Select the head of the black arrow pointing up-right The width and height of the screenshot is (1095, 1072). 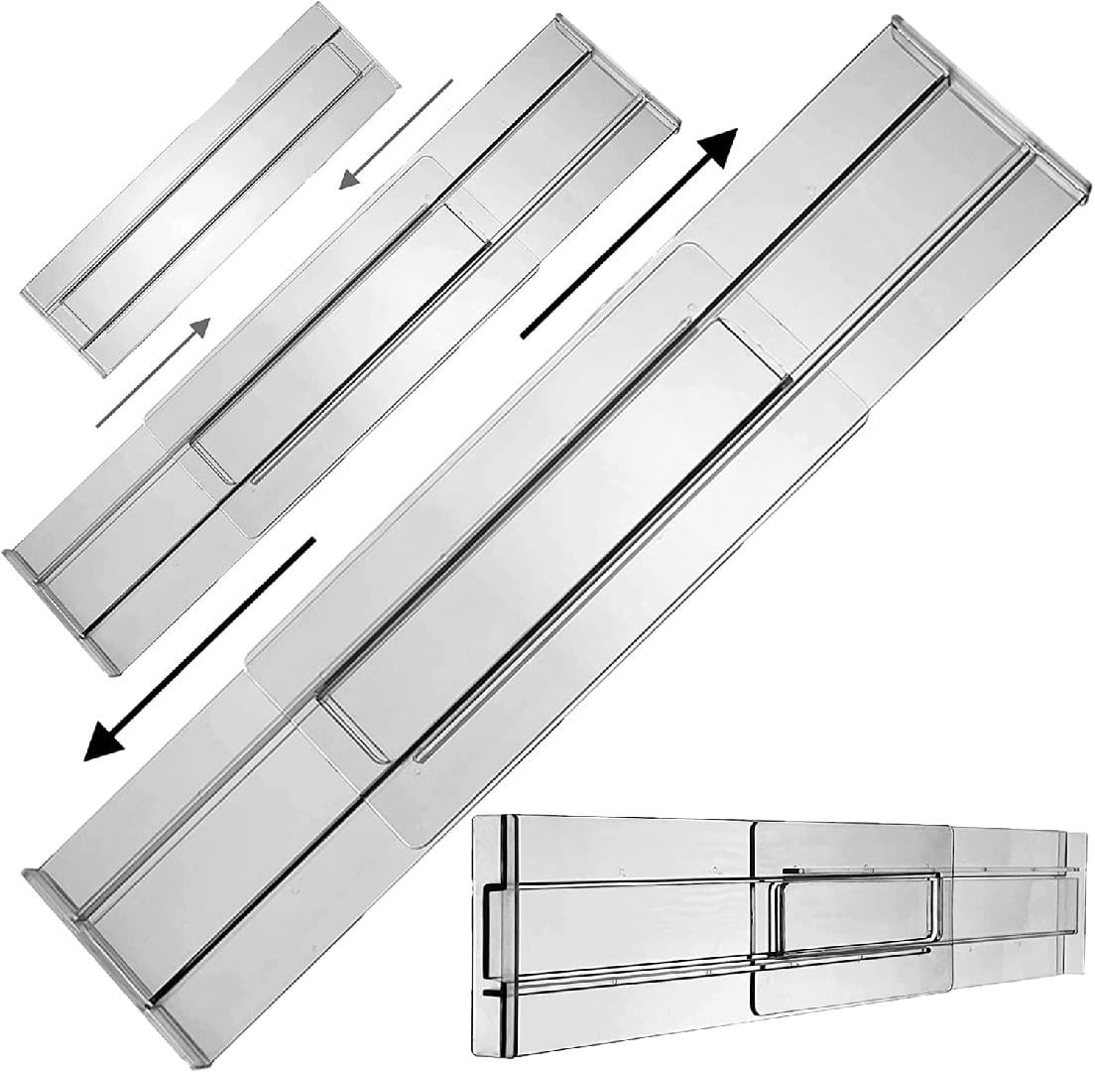click(x=722, y=149)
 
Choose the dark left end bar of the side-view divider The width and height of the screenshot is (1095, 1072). click(x=511, y=933)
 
